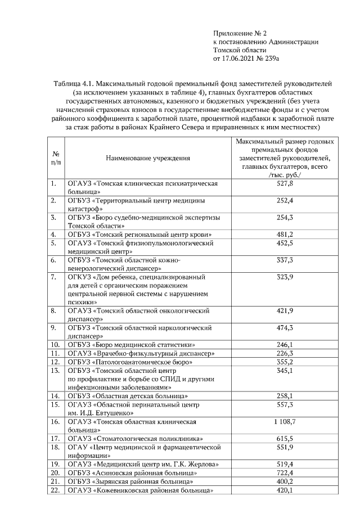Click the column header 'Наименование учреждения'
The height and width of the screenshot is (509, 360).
pos(148,159)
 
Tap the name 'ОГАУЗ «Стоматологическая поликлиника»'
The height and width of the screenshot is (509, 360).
pos(136,438)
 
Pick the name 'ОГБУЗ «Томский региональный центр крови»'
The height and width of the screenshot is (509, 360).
pos(139,234)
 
